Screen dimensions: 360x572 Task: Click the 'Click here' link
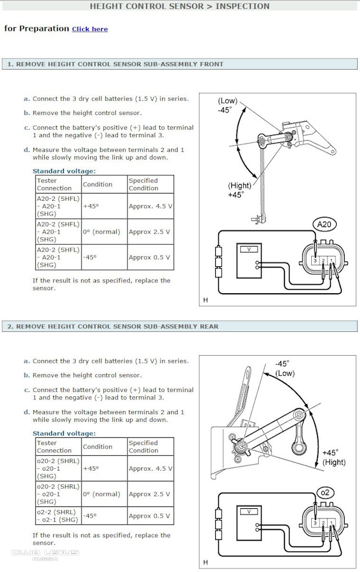(90, 29)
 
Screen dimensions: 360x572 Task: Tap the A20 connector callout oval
(324, 224)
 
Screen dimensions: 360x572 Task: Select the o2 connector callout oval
(325, 493)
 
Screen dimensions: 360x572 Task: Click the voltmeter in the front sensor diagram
(249, 261)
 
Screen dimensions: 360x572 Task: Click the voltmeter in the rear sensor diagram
(249, 523)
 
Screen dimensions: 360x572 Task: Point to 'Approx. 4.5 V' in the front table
(150, 206)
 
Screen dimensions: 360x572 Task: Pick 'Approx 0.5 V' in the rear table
(149, 516)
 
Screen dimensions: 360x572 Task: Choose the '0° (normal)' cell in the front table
(101, 232)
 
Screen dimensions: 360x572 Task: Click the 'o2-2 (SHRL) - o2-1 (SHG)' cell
(58, 516)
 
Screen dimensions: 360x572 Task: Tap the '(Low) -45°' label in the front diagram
(228, 105)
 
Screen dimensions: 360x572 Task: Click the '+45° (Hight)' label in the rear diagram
(333, 458)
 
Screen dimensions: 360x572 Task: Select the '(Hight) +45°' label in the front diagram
(240, 190)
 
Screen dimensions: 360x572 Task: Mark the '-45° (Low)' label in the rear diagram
(285, 368)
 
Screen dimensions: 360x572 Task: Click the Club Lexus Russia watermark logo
(45, 555)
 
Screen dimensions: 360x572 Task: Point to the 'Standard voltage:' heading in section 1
(64, 171)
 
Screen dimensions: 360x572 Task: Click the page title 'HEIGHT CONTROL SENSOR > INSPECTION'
(179, 6)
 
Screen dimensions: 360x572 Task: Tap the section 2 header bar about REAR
(179, 327)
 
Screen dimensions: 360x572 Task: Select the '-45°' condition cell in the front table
(90, 257)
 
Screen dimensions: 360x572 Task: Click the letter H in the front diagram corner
(206, 300)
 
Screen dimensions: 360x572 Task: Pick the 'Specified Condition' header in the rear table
(143, 446)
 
